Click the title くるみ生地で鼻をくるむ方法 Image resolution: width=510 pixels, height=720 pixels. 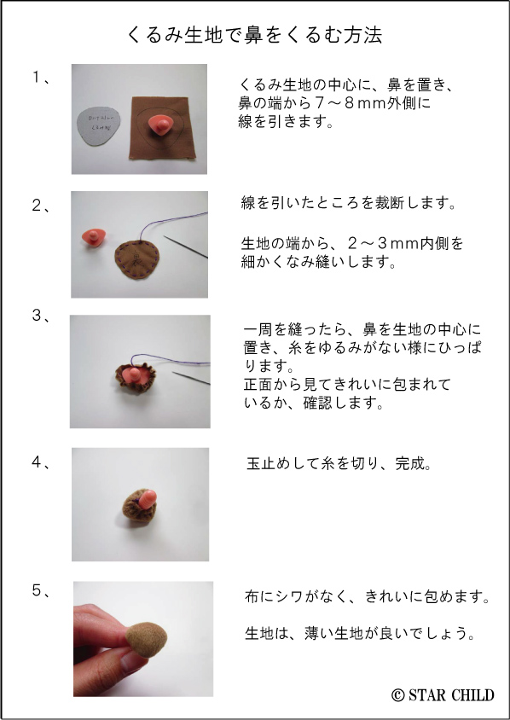click(x=254, y=35)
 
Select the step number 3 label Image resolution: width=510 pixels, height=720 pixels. click(x=37, y=316)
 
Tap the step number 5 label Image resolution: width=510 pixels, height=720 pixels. click(x=37, y=590)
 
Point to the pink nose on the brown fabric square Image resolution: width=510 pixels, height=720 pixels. click(x=160, y=124)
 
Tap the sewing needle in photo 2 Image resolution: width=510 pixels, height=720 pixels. click(x=185, y=247)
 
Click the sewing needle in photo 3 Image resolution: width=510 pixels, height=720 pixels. click(x=191, y=378)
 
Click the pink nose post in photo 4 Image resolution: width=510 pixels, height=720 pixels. click(x=148, y=499)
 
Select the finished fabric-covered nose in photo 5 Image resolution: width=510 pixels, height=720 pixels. click(x=147, y=640)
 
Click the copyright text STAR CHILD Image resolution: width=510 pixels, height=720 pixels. click(x=443, y=694)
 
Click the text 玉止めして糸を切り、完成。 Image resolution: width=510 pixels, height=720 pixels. click(x=339, y=463)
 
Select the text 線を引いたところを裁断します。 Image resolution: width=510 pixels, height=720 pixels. click(x=349, y=202)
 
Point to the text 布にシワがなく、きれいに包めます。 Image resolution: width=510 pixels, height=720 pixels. click(x=368, y=596)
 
